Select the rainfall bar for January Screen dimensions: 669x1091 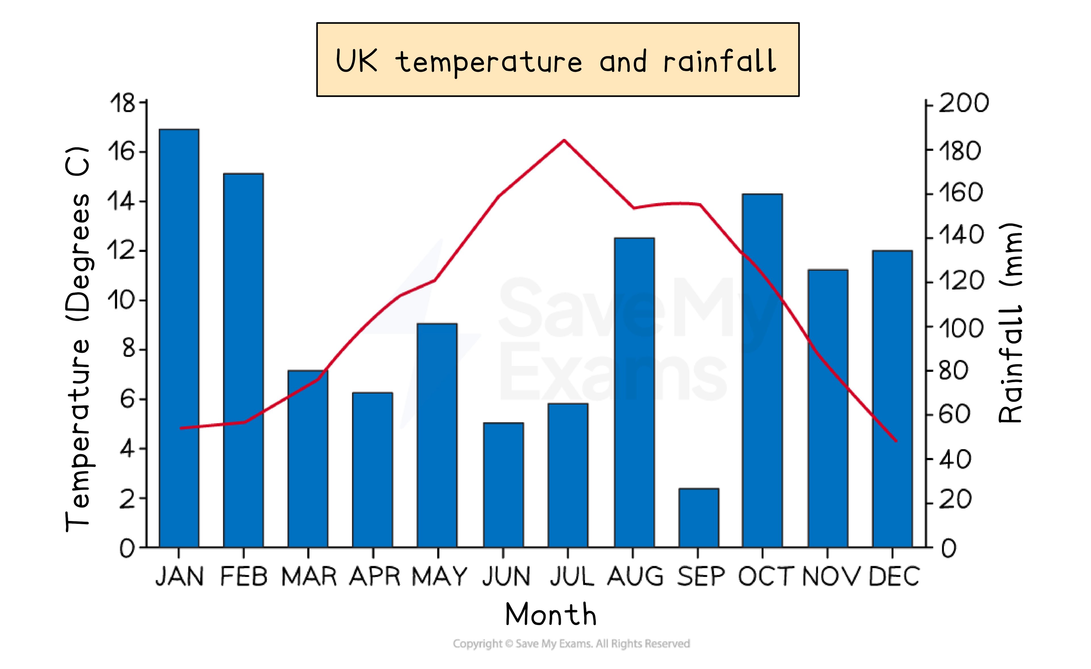179,338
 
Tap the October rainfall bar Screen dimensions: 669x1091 763,371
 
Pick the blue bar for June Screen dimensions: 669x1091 503,485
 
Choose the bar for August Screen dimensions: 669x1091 634,393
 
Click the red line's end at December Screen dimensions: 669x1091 896,441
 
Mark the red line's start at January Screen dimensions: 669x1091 181,428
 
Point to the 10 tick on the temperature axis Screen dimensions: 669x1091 120,301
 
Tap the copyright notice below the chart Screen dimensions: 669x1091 571,643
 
